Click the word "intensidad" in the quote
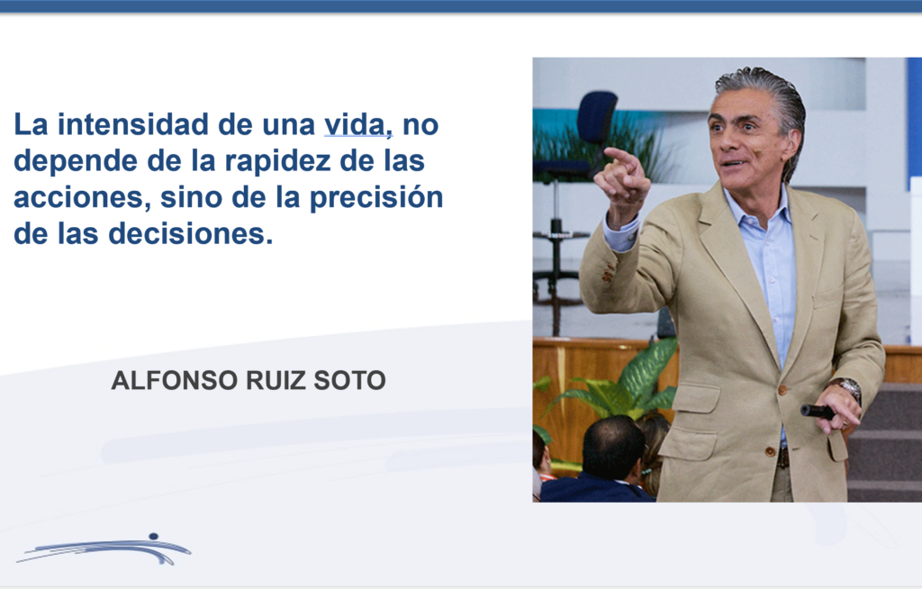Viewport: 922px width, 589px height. click(x=133, y=124)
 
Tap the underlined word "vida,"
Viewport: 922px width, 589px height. click(x=358, y=125)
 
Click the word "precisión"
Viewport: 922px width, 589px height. click(x=376, y=198)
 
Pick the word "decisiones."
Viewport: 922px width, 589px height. click(x=191, y=233)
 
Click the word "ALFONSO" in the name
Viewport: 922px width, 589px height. click(x=175, y=380)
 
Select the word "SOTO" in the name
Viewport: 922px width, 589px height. click(x=350, y=380)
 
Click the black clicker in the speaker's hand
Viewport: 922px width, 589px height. click(x=818, y=412)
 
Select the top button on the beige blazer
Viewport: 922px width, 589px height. click(x=782, y=390)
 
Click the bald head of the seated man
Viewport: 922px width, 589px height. click(x=612, y=444)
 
